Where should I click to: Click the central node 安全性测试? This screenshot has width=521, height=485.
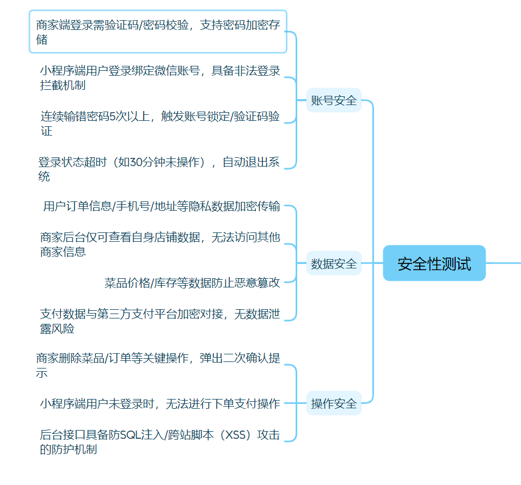coord(434,263)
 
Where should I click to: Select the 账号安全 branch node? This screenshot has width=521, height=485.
coord(334,100)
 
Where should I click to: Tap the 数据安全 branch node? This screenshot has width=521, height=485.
coord(334,264)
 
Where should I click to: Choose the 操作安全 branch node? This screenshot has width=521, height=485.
coord(334,403)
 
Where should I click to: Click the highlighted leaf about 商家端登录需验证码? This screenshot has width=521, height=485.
coord(158,32)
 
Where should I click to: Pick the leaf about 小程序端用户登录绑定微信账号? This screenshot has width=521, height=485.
coord(160,77)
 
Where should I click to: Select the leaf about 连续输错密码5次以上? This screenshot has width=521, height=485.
coord(160,123)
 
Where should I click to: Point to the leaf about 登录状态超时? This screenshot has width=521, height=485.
coord(158,169)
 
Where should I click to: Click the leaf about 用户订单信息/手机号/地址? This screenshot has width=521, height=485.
coord(162,206)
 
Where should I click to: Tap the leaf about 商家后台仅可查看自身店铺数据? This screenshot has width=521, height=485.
coord(160,244)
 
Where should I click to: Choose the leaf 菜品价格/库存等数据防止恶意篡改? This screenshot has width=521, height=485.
coord(192,283)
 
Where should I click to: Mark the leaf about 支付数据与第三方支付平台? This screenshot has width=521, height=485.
coord(160,321)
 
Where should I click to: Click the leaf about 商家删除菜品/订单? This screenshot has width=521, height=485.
coord(158,365)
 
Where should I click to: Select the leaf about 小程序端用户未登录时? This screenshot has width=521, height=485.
coord(160,403)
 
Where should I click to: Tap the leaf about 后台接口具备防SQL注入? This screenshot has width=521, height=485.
coord(160,441)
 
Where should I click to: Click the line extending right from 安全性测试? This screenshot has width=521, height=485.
coord(504,263)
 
